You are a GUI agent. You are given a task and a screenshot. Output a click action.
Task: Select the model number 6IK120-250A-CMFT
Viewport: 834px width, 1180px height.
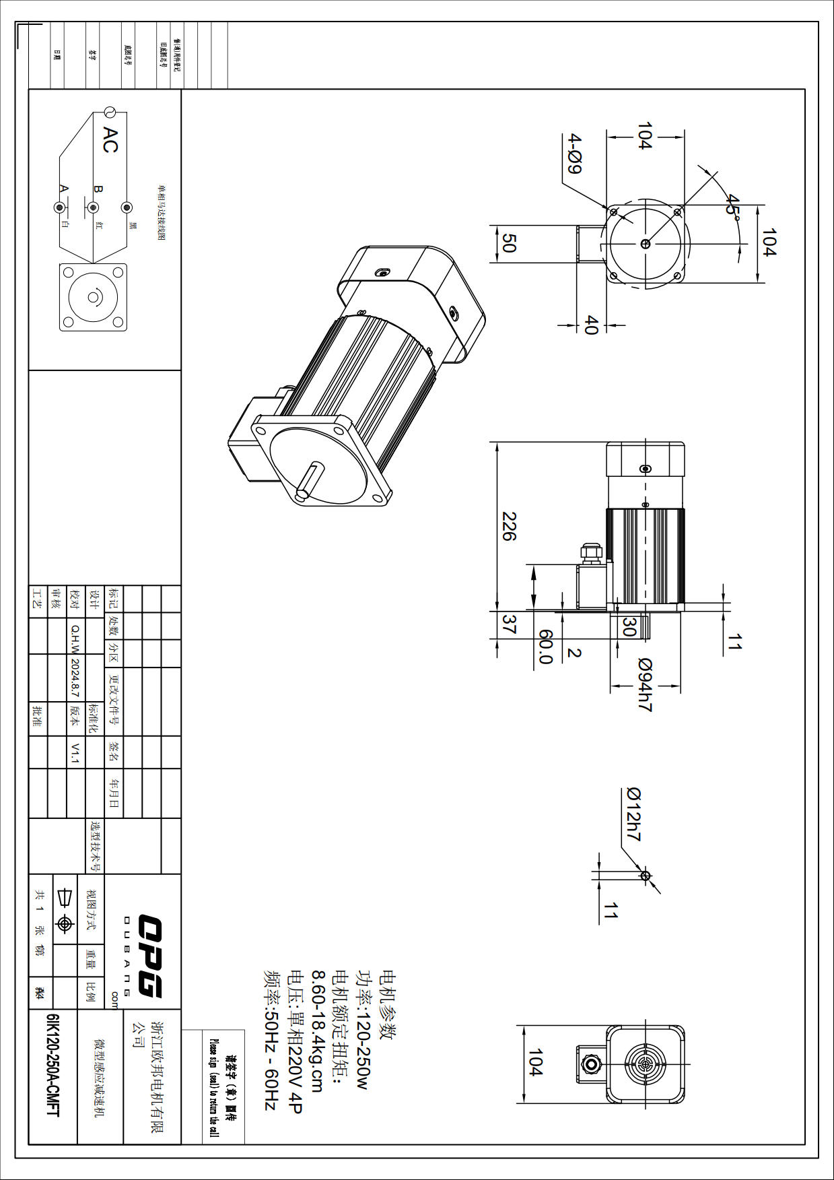(53, 1065)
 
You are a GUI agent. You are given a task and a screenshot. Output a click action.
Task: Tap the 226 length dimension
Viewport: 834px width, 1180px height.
(509, 526)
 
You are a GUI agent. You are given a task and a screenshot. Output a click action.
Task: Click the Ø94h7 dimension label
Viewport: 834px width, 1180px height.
(644, 685)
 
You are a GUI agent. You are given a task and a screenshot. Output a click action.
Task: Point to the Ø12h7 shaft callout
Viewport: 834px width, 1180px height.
(633, 814)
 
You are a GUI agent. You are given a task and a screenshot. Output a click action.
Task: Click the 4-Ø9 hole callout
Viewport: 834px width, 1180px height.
(574, 154)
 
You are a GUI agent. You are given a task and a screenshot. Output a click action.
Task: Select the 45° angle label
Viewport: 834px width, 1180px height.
(733, 205)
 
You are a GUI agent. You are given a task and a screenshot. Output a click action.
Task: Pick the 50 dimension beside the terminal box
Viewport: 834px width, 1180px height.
(509, 243)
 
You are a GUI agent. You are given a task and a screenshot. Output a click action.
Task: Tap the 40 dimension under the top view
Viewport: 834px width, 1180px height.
(591, 325)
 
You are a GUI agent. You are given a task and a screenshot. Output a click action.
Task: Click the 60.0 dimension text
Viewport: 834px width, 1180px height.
(546, 647)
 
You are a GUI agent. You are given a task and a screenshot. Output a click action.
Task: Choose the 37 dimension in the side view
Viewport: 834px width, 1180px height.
(509, 624)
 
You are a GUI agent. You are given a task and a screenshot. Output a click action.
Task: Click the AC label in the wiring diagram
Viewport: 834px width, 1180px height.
(110, 139)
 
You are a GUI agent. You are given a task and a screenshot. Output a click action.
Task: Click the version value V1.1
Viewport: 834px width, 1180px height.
(75, 753)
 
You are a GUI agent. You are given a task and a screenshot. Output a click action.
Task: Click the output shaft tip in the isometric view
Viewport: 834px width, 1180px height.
(302, 494)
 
